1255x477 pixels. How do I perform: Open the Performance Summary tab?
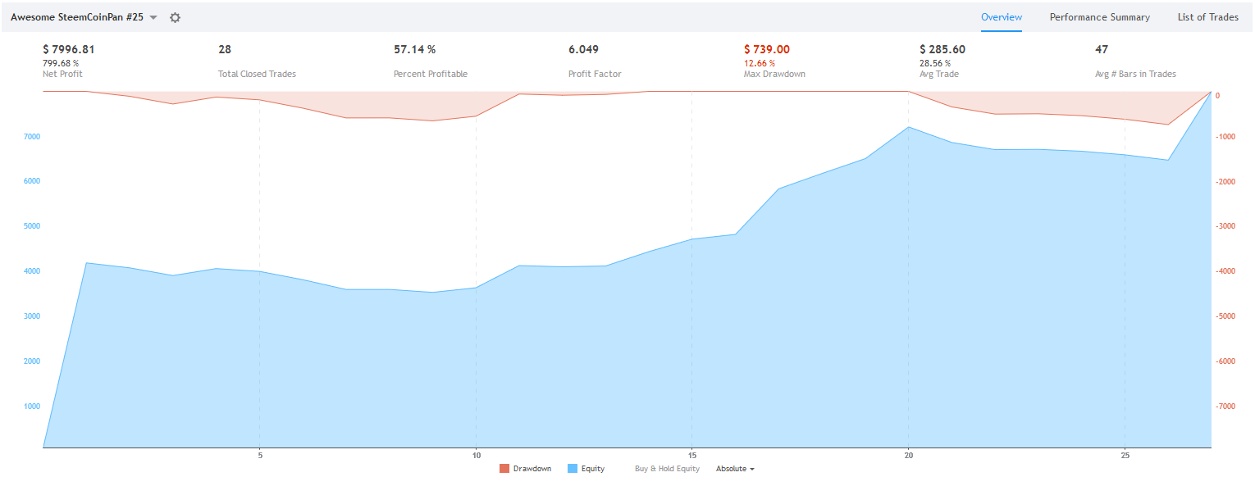[1099, 17]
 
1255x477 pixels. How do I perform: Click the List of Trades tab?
[1207, 17]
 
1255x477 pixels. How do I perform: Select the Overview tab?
[1002, 17]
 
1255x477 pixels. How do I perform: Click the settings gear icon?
[175, 17]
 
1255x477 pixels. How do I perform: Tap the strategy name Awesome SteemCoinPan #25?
[77, 17]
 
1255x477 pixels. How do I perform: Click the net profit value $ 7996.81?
[69, 50]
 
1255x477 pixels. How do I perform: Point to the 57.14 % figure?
[414, 50]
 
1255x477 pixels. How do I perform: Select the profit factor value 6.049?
[583, 50]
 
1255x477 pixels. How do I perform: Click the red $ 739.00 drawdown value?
[766, 50]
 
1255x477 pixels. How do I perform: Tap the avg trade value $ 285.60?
[942, 50]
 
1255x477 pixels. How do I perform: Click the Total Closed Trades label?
[257, 74]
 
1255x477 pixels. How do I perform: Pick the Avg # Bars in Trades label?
[1135, 74]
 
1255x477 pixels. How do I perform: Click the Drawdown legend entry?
[525, 469]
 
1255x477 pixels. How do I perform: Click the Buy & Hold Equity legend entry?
[667, 469]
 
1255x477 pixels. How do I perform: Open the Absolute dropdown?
[734, 469]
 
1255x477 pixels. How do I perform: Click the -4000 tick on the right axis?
[1226, 271]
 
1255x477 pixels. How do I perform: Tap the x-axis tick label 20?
[908, 455]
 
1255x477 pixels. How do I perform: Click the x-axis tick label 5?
[259, 455]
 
